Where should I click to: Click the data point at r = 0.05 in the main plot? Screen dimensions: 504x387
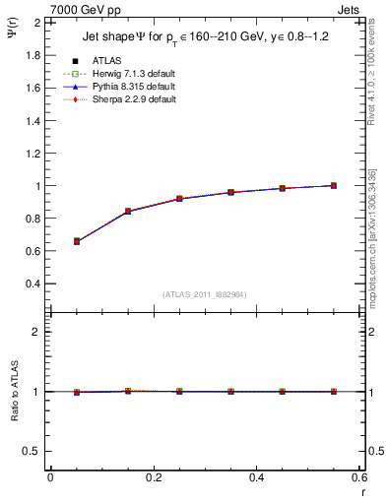tap(77, 241)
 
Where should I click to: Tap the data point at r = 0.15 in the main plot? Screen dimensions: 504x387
tap(128, 211)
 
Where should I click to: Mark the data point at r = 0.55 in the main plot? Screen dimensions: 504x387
tap(334, 185)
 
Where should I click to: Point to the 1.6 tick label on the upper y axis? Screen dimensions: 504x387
tap(32, 88)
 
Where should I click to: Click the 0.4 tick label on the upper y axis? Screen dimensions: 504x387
tap(32, 283)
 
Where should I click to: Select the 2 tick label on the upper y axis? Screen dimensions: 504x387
tap(37, 23)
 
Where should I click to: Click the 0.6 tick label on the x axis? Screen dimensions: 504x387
tap(358, 477)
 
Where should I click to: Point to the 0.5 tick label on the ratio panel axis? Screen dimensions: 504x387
tap(32, 451)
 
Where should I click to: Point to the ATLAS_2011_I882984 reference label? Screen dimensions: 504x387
tap(204, 294)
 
